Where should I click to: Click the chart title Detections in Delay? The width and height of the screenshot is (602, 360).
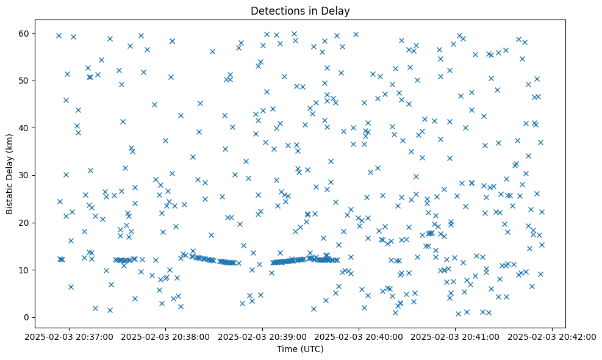click(300, 10)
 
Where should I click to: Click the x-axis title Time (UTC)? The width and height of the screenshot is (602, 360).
click(300, 349)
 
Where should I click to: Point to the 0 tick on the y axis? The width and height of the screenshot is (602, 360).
click(27, 317)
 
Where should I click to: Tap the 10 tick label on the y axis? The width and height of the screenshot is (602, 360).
click(24, 270)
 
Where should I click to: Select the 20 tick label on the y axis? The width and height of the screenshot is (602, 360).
click(24, 223)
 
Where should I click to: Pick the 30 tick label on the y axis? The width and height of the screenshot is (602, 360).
click(24, 175)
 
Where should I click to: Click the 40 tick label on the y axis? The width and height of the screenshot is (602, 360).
click(24, 128)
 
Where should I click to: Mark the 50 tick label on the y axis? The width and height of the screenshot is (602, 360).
click(24, 81)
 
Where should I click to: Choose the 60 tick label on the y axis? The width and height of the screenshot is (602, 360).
click(24, 33)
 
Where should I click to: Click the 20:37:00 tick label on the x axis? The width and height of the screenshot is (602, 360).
click(69, 336)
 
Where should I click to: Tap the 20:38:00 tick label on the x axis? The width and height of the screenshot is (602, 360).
click(165, 336)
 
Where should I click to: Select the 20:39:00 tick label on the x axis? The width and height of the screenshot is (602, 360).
click(262, 336)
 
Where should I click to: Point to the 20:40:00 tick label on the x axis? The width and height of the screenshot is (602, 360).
click(359, 336)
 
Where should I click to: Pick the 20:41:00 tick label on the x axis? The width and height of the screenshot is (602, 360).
click(456, 336)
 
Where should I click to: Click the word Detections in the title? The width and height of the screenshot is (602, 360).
click(275, 10)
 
